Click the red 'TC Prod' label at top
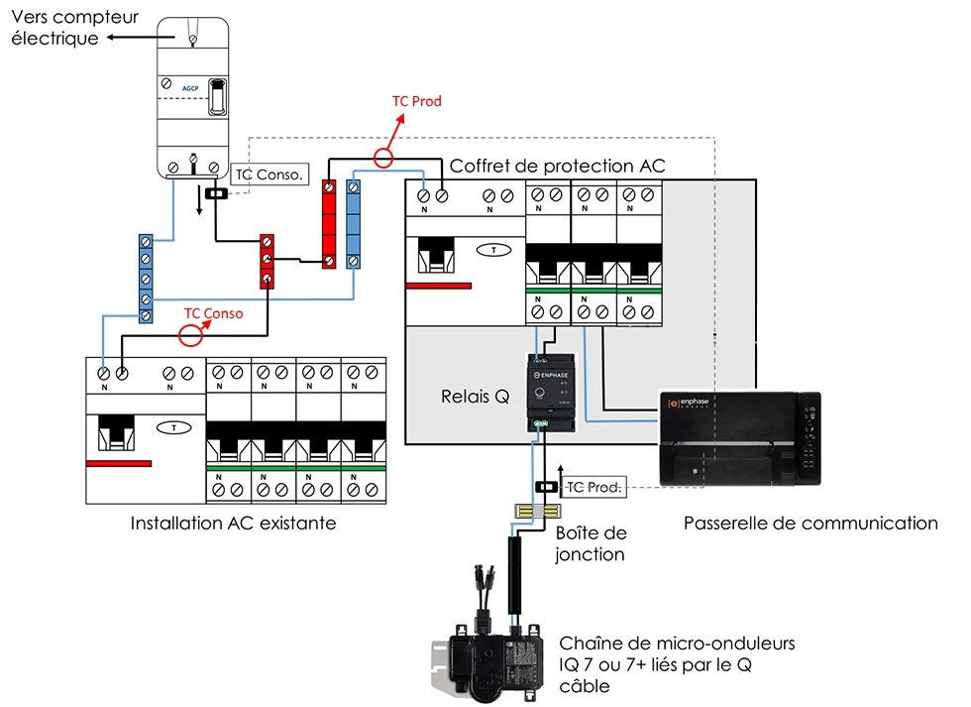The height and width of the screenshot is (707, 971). click(416, 101)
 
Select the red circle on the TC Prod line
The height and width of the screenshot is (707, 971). click(383, 157)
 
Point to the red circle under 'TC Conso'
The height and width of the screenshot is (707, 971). click(188, 334)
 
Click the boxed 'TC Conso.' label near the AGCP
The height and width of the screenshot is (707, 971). click(270, 175)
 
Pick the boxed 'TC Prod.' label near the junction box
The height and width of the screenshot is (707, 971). click(593, 487)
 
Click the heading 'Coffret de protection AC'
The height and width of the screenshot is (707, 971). click(557, 166)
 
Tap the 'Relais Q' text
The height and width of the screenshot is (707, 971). click(475, 397)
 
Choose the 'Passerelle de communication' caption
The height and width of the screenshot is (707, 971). click(809, 523)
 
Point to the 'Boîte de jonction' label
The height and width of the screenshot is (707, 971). click(592, 543)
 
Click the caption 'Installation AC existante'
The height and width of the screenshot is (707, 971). click(233, 523)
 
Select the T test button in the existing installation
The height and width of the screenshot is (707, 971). click(174, 428)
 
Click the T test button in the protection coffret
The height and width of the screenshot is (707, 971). click(493, 250)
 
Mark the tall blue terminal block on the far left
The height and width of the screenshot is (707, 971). click(146, 279)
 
